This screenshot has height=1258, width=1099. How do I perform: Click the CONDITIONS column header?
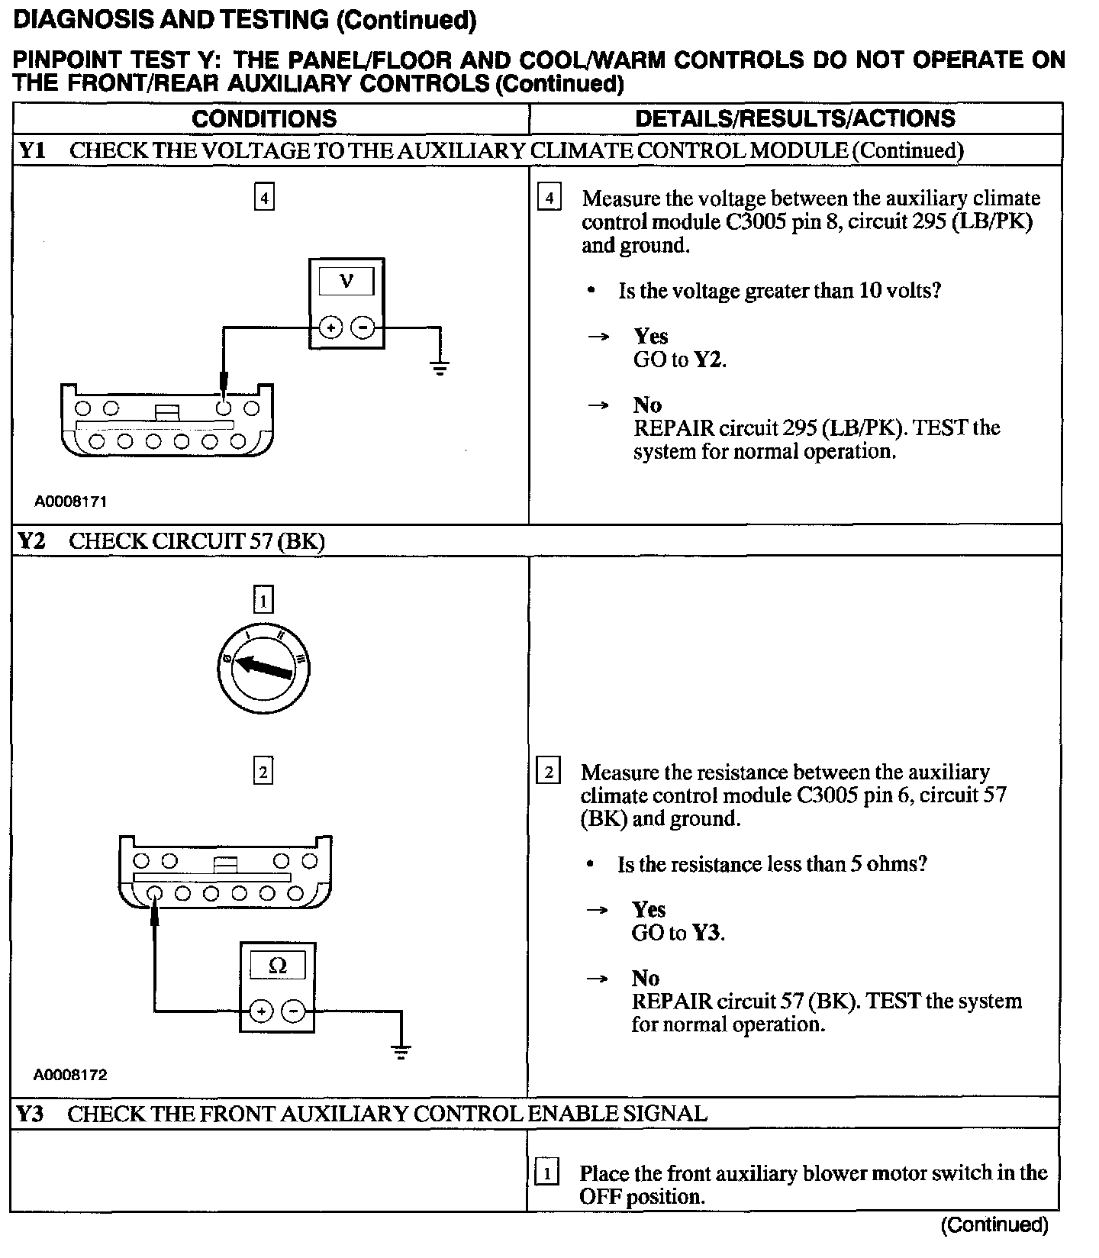(264, 118)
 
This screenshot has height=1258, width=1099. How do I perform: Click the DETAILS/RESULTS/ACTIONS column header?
(794, 118)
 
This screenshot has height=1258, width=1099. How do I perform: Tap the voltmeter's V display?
(346, 281)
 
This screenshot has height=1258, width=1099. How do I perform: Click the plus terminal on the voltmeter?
(330, 328)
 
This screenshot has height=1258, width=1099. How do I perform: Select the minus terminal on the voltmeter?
(363, 328)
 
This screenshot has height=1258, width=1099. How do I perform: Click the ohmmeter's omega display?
(278, 966)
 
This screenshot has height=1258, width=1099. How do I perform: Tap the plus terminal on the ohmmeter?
(261, 1011)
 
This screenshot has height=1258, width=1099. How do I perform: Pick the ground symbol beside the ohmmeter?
(401, 1052)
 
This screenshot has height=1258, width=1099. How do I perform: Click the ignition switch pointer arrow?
(263, 668)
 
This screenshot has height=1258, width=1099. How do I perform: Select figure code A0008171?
(70, 502)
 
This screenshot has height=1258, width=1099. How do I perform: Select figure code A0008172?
(70, 1075)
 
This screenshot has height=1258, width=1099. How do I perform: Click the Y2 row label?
(32, 541)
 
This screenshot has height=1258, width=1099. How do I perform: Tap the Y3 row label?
(31, 1114)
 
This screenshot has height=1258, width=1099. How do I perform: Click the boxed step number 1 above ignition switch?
(263, 601)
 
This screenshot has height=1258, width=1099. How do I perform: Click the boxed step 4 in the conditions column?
(264, 198)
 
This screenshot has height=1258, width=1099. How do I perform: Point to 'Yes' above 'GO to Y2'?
(650, 336)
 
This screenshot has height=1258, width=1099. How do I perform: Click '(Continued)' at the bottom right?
(994, 1225)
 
